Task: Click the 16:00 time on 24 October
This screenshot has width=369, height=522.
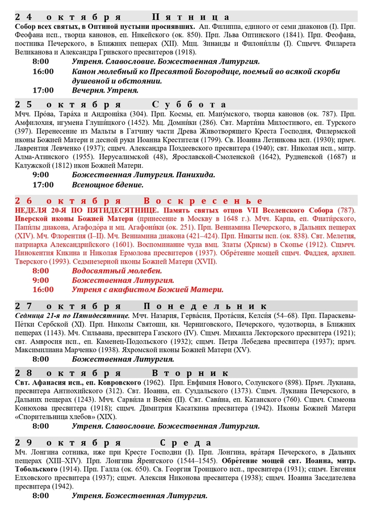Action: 43,72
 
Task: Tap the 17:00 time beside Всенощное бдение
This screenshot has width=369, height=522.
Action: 43,185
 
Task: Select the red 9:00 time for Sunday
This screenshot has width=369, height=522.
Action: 41,280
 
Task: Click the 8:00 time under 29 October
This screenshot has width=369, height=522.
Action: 41,496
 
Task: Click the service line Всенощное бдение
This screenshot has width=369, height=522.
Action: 108,185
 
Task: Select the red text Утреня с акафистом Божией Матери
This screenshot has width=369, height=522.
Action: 148,289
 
